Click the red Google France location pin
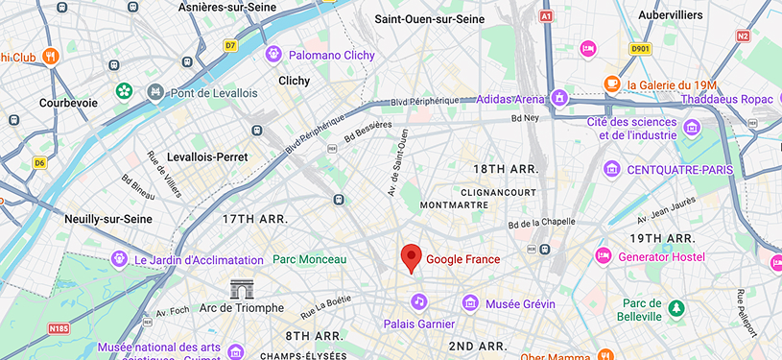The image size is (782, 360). coord(411,257)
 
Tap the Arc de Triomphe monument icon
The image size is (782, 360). coord(243,288)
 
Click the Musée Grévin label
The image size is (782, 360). coord(520,303)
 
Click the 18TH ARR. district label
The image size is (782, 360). coord(506,169)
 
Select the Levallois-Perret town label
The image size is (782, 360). coord(207,156)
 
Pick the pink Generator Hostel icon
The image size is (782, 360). coord(603,255)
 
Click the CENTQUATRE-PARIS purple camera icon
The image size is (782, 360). coord(611,169)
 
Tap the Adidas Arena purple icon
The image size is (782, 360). coord(559,97)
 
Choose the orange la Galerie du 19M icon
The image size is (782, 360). coord(611,84)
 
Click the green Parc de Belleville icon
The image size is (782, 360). coord(677,308)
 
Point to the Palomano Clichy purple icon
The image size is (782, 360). coord(274,54)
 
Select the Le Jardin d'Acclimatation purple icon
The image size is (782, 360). coord(119,259)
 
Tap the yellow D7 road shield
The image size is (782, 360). coord(230,44)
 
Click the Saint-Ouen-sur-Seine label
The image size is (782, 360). coord(429,18)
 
